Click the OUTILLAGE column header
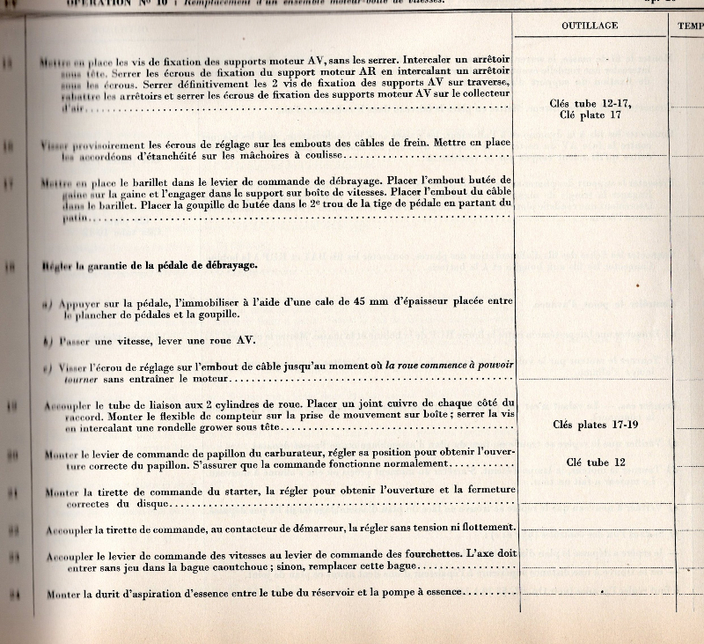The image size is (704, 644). click(x=590, y=26)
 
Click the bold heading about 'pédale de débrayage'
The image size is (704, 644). click(x=150, y=265)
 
